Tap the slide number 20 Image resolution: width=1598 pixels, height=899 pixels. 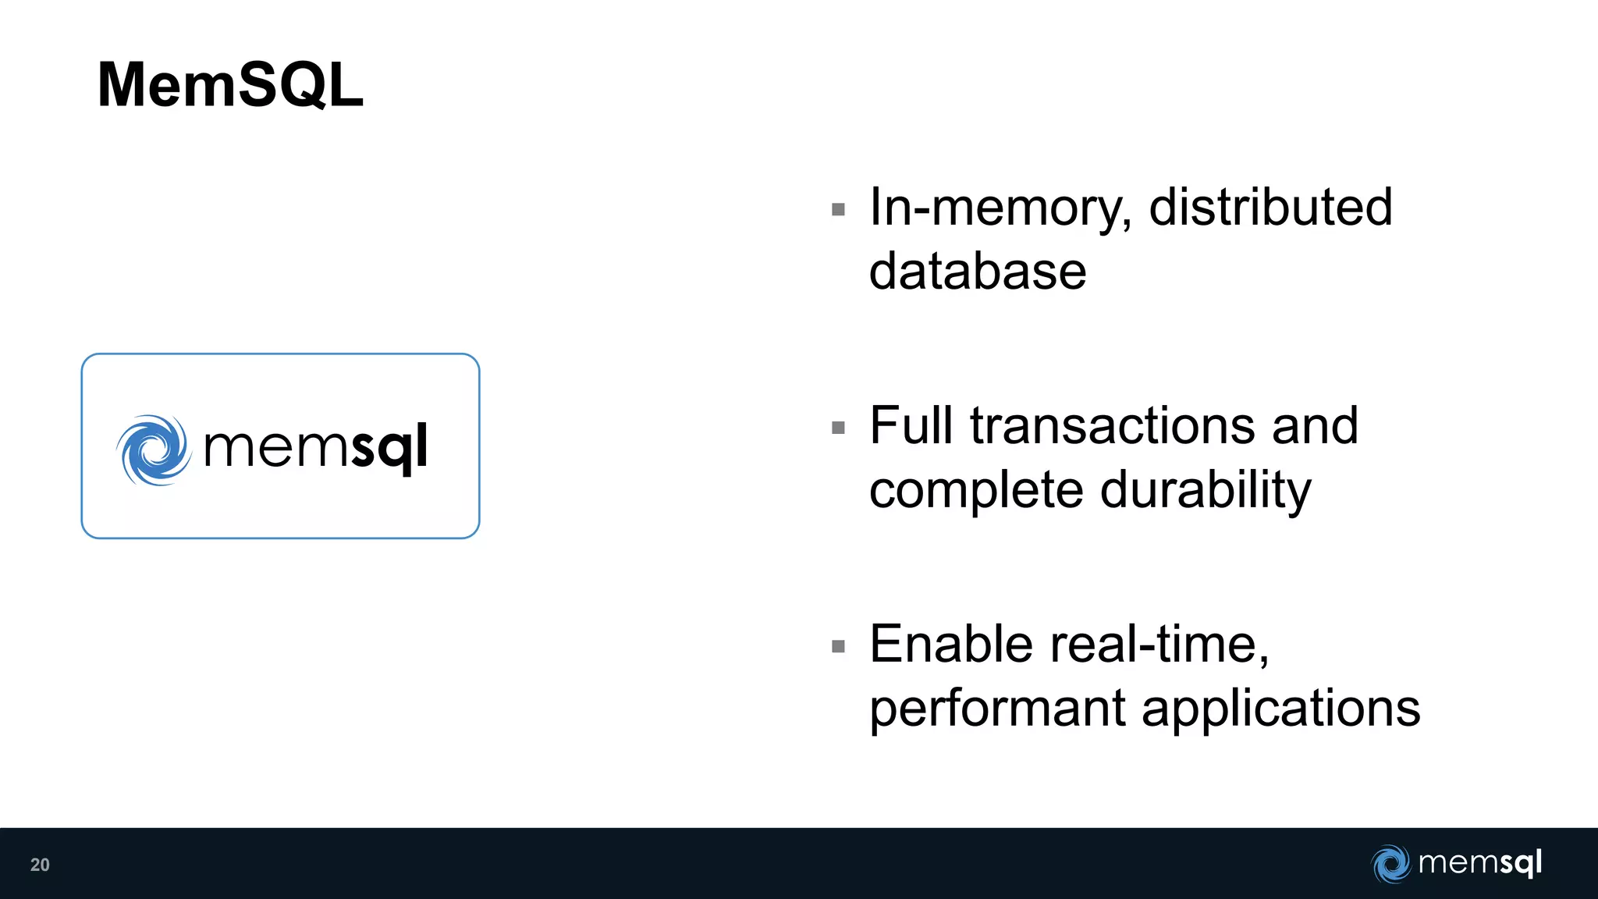(40, 865)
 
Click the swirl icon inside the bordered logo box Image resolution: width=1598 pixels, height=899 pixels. (154, 449)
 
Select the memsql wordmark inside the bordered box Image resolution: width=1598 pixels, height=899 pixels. (315, 448)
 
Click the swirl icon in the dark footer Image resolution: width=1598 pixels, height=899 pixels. (1390, 864)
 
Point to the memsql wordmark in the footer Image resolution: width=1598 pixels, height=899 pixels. (1480, 862)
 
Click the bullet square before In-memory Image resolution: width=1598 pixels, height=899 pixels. (839, 209)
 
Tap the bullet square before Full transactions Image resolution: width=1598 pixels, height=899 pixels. (839, 428)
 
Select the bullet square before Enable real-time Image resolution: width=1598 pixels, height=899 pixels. (839, 646)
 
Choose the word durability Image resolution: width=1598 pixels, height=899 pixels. (1206, 490)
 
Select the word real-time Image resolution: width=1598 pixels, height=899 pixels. (1159, 645)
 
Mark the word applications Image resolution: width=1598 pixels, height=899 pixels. (1281, 709)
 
